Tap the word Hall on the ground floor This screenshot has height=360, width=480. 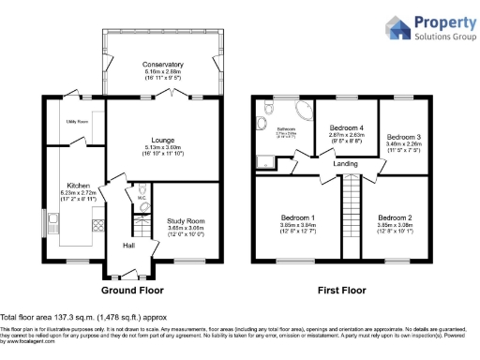(128, 246)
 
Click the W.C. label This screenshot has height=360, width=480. (139, 198)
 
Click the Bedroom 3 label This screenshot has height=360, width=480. (404, 137)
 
